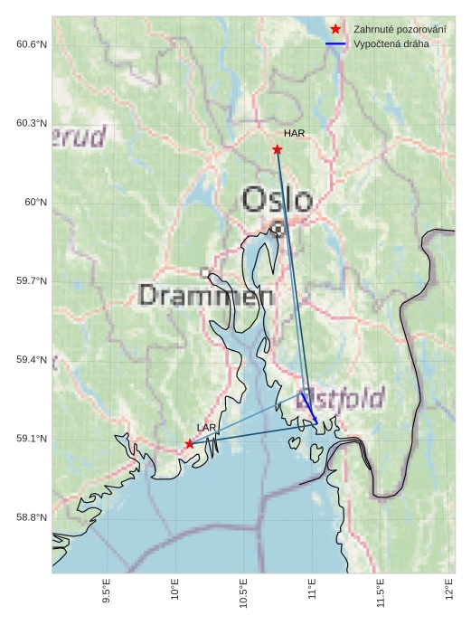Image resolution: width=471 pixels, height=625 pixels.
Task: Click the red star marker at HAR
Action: (x=278, y=149)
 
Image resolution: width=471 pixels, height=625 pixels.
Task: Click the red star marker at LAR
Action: (x=189, y=443)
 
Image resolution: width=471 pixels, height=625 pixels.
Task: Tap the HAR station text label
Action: (x=294, y=134)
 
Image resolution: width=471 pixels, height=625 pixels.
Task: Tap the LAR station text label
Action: (x=206, y=427)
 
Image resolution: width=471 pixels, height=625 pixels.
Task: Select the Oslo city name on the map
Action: (x=278, y=200)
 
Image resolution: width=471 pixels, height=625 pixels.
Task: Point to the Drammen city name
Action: (x=207, y=295)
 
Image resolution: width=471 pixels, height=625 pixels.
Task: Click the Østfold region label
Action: (x=341, y=397)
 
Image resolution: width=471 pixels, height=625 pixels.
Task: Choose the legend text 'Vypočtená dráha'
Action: (x=391, y=43)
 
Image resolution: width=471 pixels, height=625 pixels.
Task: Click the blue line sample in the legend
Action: (x=335, y=43)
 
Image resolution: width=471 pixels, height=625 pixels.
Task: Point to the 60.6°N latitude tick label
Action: (x=32, y=44)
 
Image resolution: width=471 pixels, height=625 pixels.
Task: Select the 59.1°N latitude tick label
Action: (x=32, y=440)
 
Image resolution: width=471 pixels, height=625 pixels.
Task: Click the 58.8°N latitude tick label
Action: (x=32, y=518)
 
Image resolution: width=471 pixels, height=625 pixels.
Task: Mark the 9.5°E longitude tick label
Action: (x=107, y=593)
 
